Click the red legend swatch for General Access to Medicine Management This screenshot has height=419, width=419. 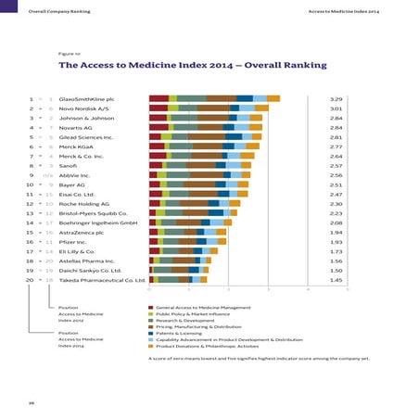coord(151,306)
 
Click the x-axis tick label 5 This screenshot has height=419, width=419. coord(347,288)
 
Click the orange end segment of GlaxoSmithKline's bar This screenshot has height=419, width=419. coord(273,97)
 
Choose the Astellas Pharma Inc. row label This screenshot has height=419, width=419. coord(87,260)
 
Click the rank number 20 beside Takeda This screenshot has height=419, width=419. coord(31,278)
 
